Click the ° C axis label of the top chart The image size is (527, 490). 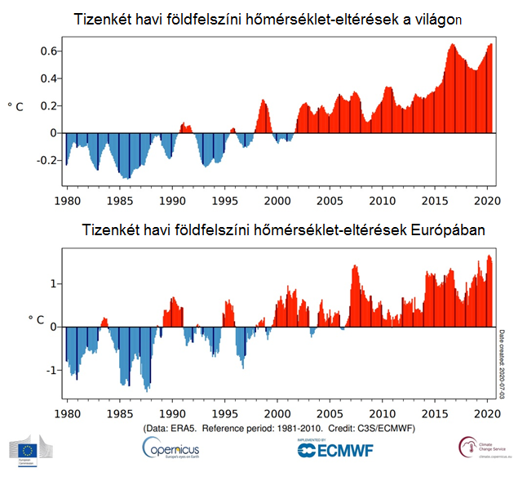(x=15, y=106)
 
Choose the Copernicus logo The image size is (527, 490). (x=170, y=448)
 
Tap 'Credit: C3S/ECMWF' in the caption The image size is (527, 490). (x=384, y=427)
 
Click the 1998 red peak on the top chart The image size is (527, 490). (x=263, y=102)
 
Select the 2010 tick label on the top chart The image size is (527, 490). (x=383, y=200)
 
